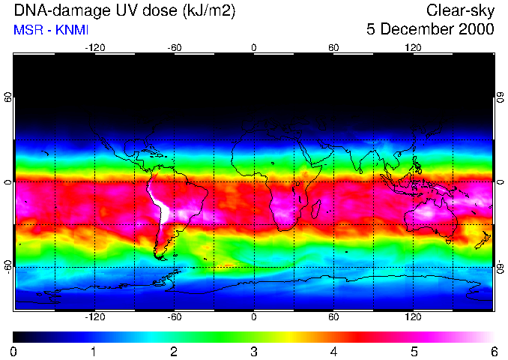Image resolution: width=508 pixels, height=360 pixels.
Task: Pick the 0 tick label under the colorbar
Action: [14, 351]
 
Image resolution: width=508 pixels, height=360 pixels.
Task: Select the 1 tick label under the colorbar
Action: [94, 351]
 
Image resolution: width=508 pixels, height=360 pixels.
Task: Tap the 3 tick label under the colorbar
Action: [253, 351]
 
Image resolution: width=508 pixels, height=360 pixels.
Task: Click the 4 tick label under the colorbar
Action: [333, 351]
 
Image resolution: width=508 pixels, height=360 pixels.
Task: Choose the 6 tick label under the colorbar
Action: [493, 351]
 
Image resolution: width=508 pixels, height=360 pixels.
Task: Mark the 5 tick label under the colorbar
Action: [414, 351]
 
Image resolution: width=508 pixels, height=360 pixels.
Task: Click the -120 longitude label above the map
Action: [94, 47]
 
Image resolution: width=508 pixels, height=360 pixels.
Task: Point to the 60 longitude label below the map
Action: [333, 317]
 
